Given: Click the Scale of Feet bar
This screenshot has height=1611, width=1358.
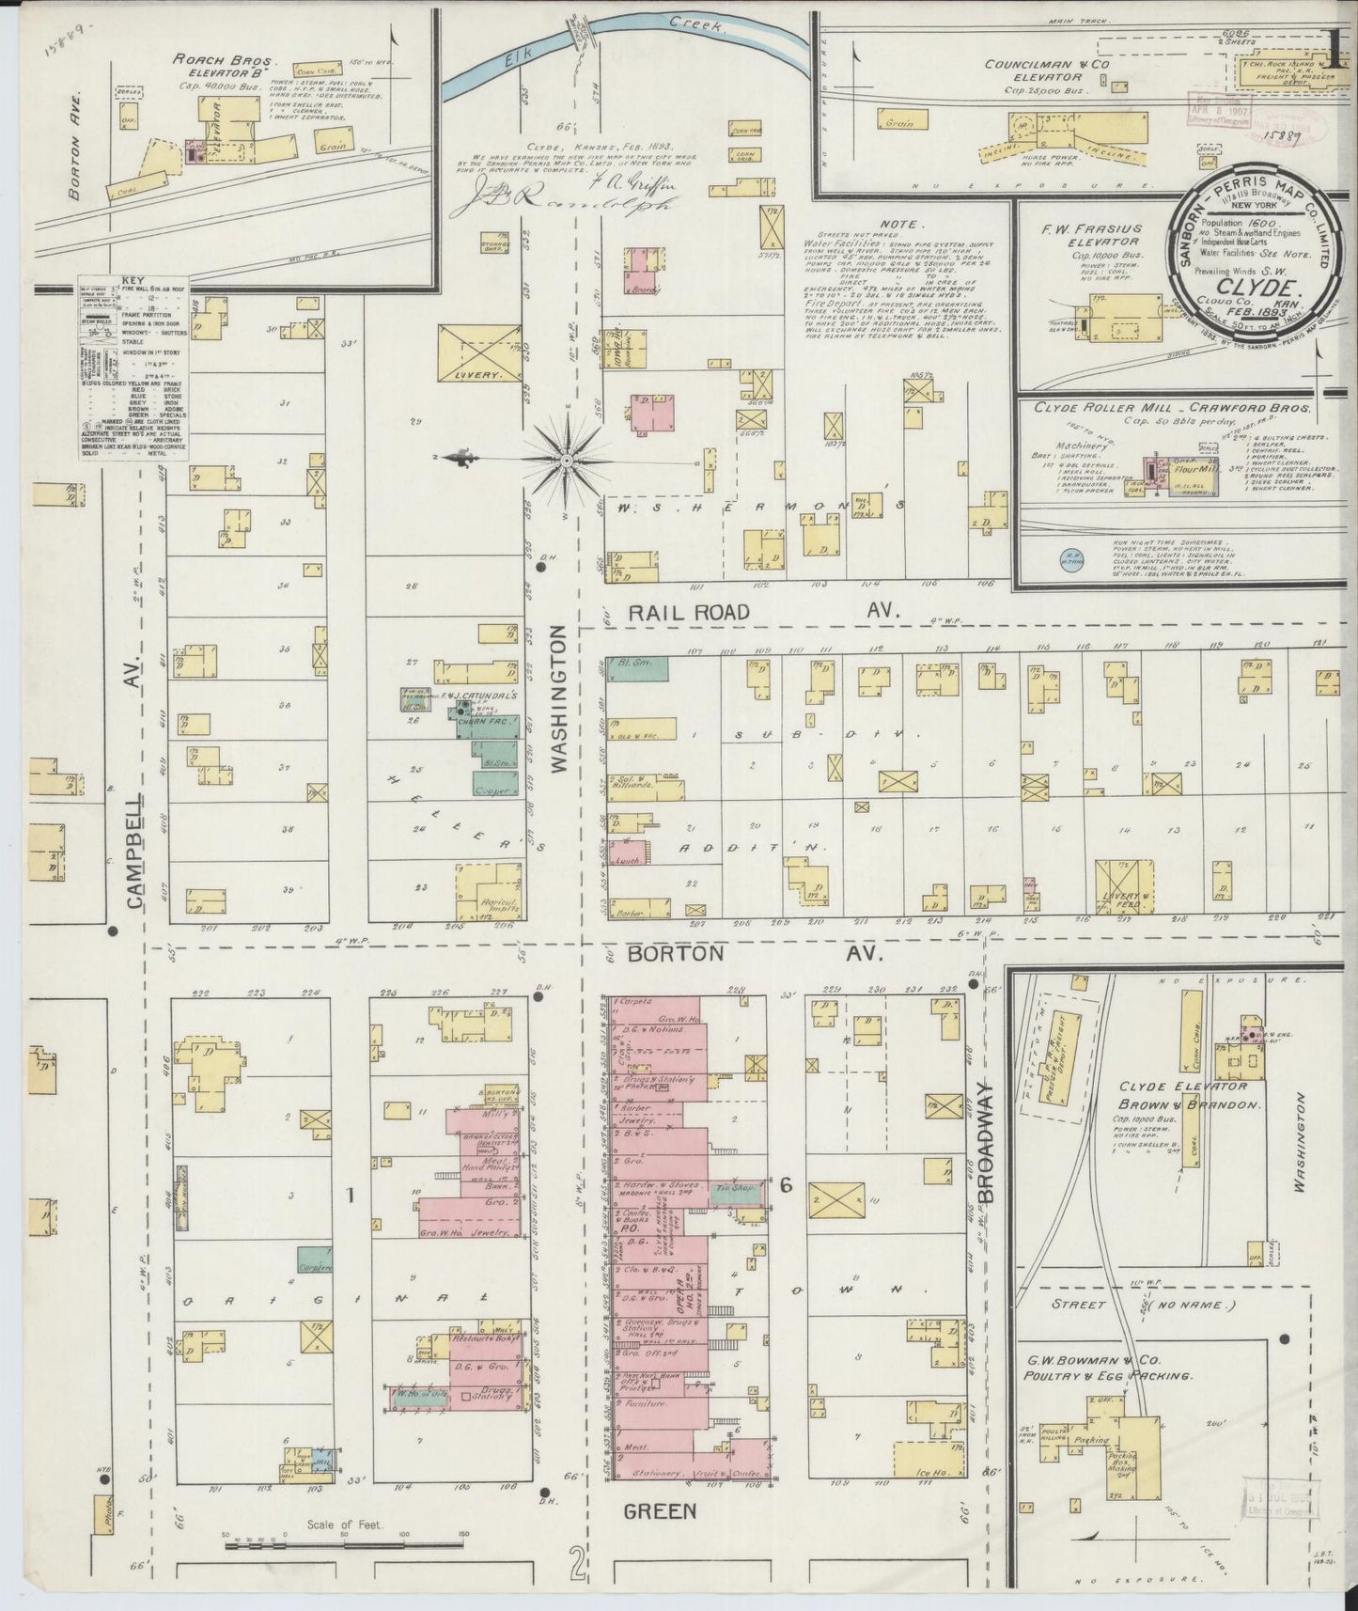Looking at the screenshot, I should pyautogui.click(x=342, y=1541).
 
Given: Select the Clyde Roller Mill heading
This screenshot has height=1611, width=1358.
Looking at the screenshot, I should pyautogui.click(x=1173, y=407).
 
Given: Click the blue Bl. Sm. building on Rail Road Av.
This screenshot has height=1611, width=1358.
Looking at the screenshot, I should pyautogui.click(x=638, y=668).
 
